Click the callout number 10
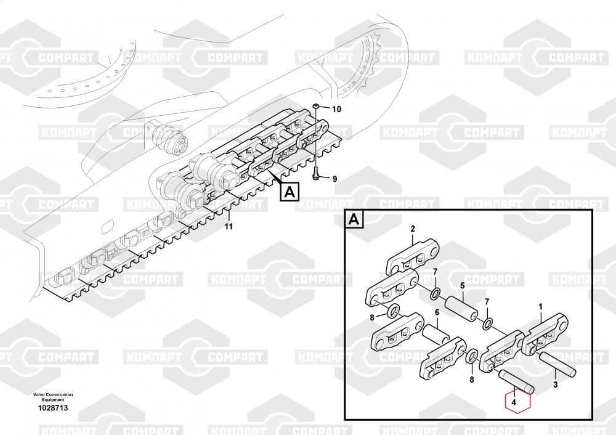pyautogui.click(x=336, y=109)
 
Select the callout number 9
pyautogui.click(x=335, y=179)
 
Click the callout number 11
pyautogui.click(x=229, y=227)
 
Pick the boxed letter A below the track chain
pyautogui.click(x=290, y=192)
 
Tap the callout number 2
pyautogui.click(x=413, y=229)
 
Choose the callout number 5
pyautogui.click(x=462, y=285)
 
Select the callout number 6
pyautogui.click(x=437, y=312)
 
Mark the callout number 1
pyautogui.click(x=541, y=306)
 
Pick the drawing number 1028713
pyautogui.click(x=53, y=408)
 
